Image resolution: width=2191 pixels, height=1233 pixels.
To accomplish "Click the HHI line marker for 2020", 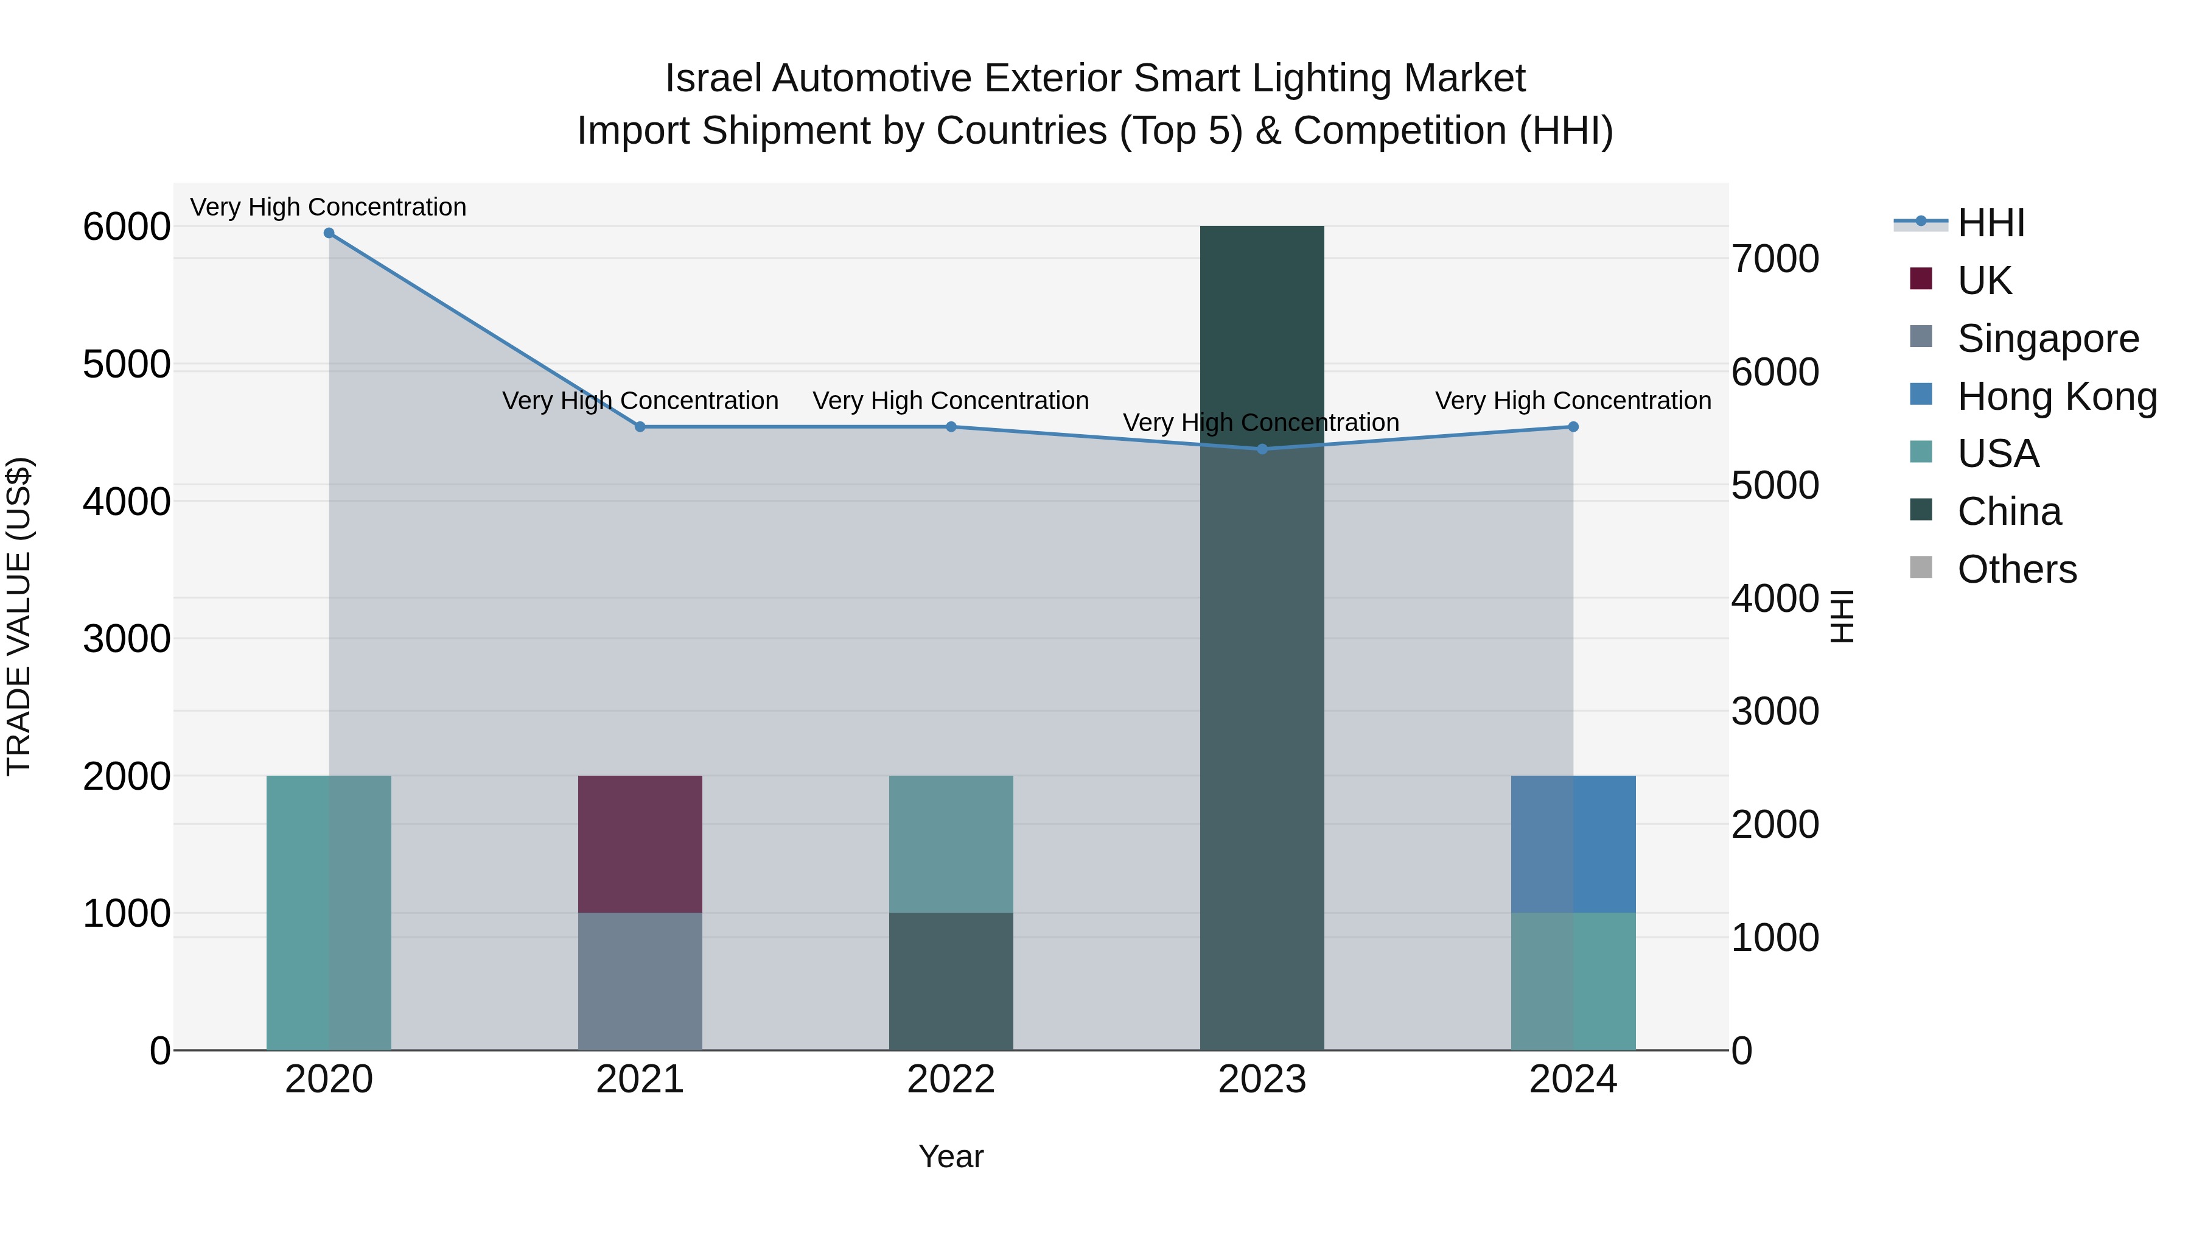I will (x=329, y=233).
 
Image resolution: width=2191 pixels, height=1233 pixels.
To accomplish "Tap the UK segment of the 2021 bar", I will (x=640, y=843).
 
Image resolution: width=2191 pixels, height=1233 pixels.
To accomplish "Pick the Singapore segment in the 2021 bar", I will (x=640, y=981).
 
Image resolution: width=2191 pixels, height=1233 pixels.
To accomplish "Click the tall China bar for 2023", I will (x=1262, y=638).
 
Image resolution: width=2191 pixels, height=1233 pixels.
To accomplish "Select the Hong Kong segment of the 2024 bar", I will (x=1573, y=843).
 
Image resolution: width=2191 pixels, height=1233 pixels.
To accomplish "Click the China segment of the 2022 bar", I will (x=951, y=981).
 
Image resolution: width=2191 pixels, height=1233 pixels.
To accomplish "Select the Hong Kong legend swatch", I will (x=1921, y=395).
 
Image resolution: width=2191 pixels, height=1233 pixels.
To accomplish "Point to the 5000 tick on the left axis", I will (x=127, y=365).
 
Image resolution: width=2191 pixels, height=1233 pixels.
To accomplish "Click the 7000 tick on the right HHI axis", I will (x=1775, y=259).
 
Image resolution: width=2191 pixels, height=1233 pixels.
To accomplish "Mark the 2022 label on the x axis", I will (x=951, y=1080).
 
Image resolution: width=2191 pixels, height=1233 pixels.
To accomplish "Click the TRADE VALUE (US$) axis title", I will (x=19, y=616).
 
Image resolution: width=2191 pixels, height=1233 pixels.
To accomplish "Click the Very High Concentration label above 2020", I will (x=328, y=207).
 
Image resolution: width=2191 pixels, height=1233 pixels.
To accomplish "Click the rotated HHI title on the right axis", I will (x=1842, y=616).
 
